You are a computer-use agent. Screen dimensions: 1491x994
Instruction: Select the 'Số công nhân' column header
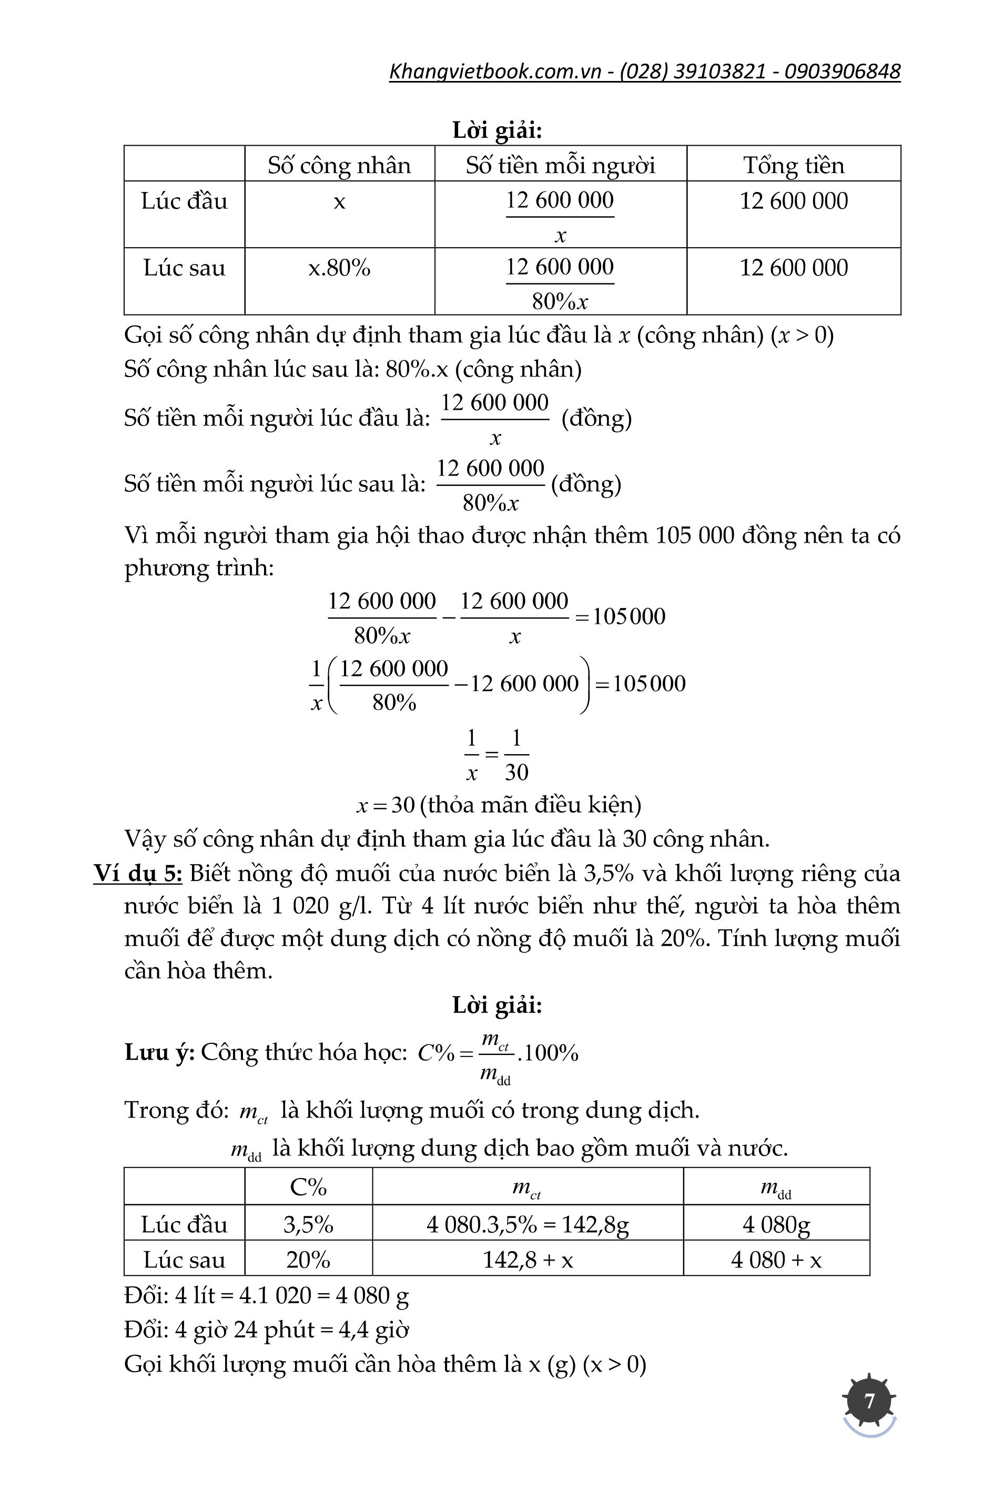click(x=339, y=166)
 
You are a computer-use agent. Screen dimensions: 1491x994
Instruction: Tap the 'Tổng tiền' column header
click(x=794, y=166)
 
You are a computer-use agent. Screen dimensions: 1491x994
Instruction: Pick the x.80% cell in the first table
click(x=339, y=268)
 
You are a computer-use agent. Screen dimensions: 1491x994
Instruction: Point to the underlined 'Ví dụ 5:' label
click(x=138, y=874)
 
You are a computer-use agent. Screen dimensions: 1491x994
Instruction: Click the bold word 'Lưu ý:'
click(x=160, y=1052)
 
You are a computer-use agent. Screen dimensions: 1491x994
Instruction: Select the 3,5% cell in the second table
click(x=308, y=1224)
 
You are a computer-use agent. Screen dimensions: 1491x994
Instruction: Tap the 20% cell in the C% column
click(x=308, y=1260)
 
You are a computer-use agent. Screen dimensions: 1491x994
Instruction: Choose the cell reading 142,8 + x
click(x=528, y=1260)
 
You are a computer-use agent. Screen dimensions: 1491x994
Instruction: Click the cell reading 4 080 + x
click(x=776, y=1260)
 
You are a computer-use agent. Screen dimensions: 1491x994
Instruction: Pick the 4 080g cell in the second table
click(x=776, y=1224)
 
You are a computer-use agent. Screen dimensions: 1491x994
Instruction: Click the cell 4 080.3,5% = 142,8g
click(x=528, y=1224)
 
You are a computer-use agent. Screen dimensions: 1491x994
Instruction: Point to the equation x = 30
click(x=386, y=805)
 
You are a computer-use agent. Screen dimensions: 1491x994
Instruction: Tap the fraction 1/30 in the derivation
click(x=516, y=755)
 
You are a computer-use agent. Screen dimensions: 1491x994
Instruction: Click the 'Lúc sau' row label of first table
click(x=184, y=268)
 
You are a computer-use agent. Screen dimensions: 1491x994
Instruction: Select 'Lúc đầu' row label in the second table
click(x=184, y=1224)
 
